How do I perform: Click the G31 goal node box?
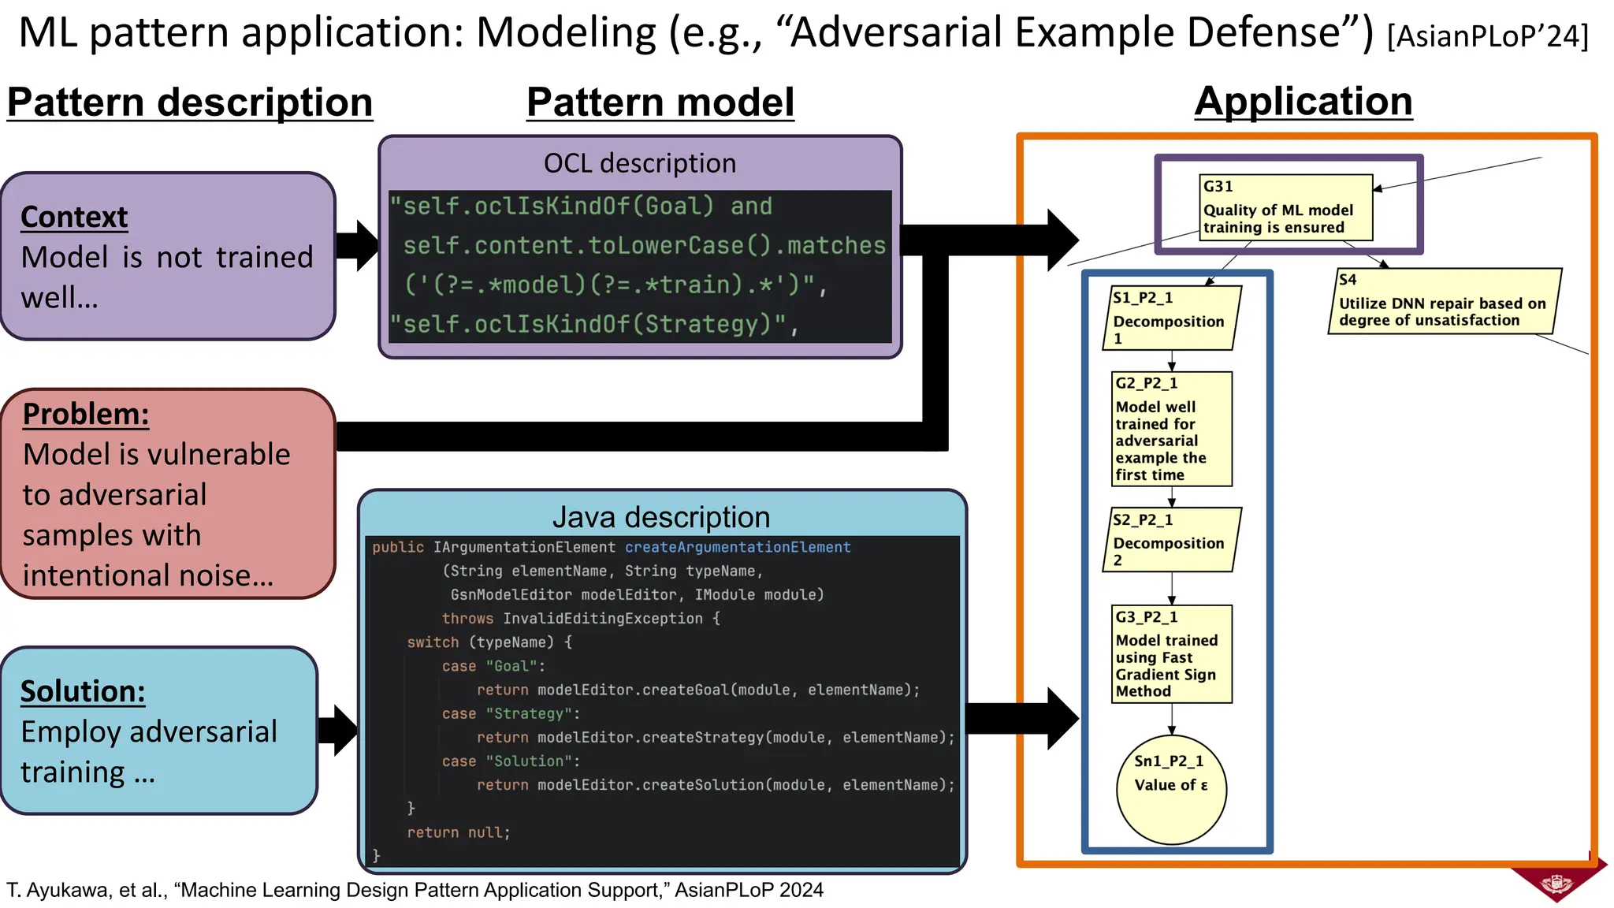coord(1285,207)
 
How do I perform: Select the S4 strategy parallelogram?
coord(1444,301)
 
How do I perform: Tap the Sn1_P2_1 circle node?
coord(1171,789)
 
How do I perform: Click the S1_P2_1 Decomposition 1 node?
coord(1171,318)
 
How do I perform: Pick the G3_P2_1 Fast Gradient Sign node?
coord(1171,653)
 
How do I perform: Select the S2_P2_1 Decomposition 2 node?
coord(1171,539)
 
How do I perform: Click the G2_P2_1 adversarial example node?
coord(1171,429)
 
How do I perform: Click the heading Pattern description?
coord(190,103)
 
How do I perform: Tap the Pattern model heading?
coord(660,103)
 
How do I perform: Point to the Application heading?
coord(1303,102)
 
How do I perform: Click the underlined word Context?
coord(74,217)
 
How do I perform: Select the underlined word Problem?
coord(86,414)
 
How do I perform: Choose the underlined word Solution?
coord(83,691)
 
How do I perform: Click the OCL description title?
coord(640,163)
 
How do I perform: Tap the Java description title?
coord(661,517)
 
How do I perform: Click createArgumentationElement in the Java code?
coord(738,547)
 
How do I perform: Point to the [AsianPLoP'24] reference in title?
coord(1487,36)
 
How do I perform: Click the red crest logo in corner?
coord(1558,880)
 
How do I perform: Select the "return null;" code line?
coord(459,832)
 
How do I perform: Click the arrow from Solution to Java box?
coord(339,731)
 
